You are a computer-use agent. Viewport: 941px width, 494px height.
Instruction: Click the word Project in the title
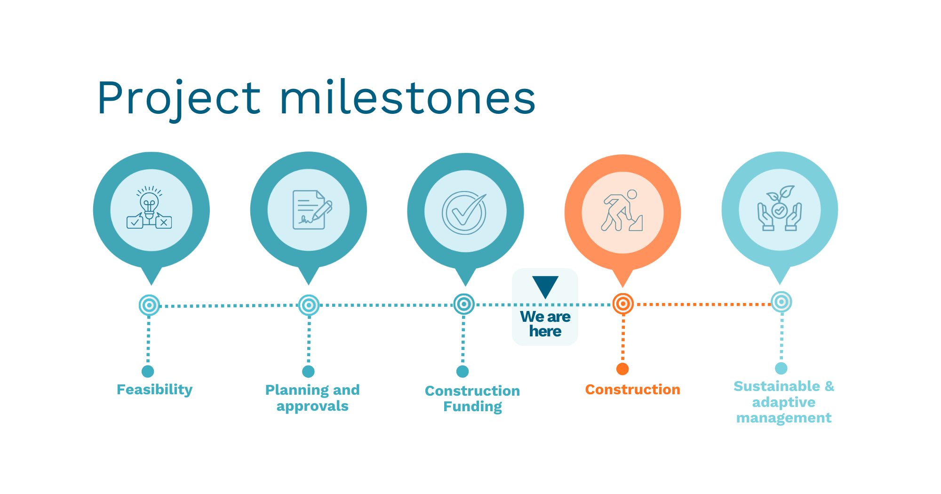tap(179, 99)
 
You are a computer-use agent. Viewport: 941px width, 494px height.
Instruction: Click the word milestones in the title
tap(408, 97)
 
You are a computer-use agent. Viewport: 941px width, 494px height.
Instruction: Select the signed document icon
tap(312, 209)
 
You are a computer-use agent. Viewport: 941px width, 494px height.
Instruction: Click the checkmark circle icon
tap(464, 213)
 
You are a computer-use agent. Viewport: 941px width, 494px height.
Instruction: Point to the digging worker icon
tap(622, 210)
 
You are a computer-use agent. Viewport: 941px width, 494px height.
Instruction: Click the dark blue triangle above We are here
tap(545, 287)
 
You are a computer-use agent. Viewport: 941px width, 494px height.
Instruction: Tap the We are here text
tap(545, 324)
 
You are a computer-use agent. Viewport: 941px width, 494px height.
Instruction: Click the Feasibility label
tap(154, 390)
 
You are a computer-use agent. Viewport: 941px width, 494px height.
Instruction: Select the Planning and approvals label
tap(312, 398)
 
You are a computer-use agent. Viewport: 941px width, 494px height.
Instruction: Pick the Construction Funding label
tap(472, 398)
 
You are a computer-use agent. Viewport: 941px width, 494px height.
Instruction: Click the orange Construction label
tap(632, 390)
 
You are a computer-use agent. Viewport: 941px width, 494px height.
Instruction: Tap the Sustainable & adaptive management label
tap(784, 402)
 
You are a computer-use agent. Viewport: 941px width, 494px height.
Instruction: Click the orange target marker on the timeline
tap(622, 304)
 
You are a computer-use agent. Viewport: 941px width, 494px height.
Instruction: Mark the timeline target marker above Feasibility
tap(149, 305)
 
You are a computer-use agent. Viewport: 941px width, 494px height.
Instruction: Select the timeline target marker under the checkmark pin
tap(464, 304)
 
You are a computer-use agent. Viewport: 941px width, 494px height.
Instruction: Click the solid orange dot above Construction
tap(622, 369)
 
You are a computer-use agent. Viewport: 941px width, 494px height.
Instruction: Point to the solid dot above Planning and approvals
tap(308, 372)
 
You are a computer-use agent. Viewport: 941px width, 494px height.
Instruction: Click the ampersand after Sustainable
tap(829, 386)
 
